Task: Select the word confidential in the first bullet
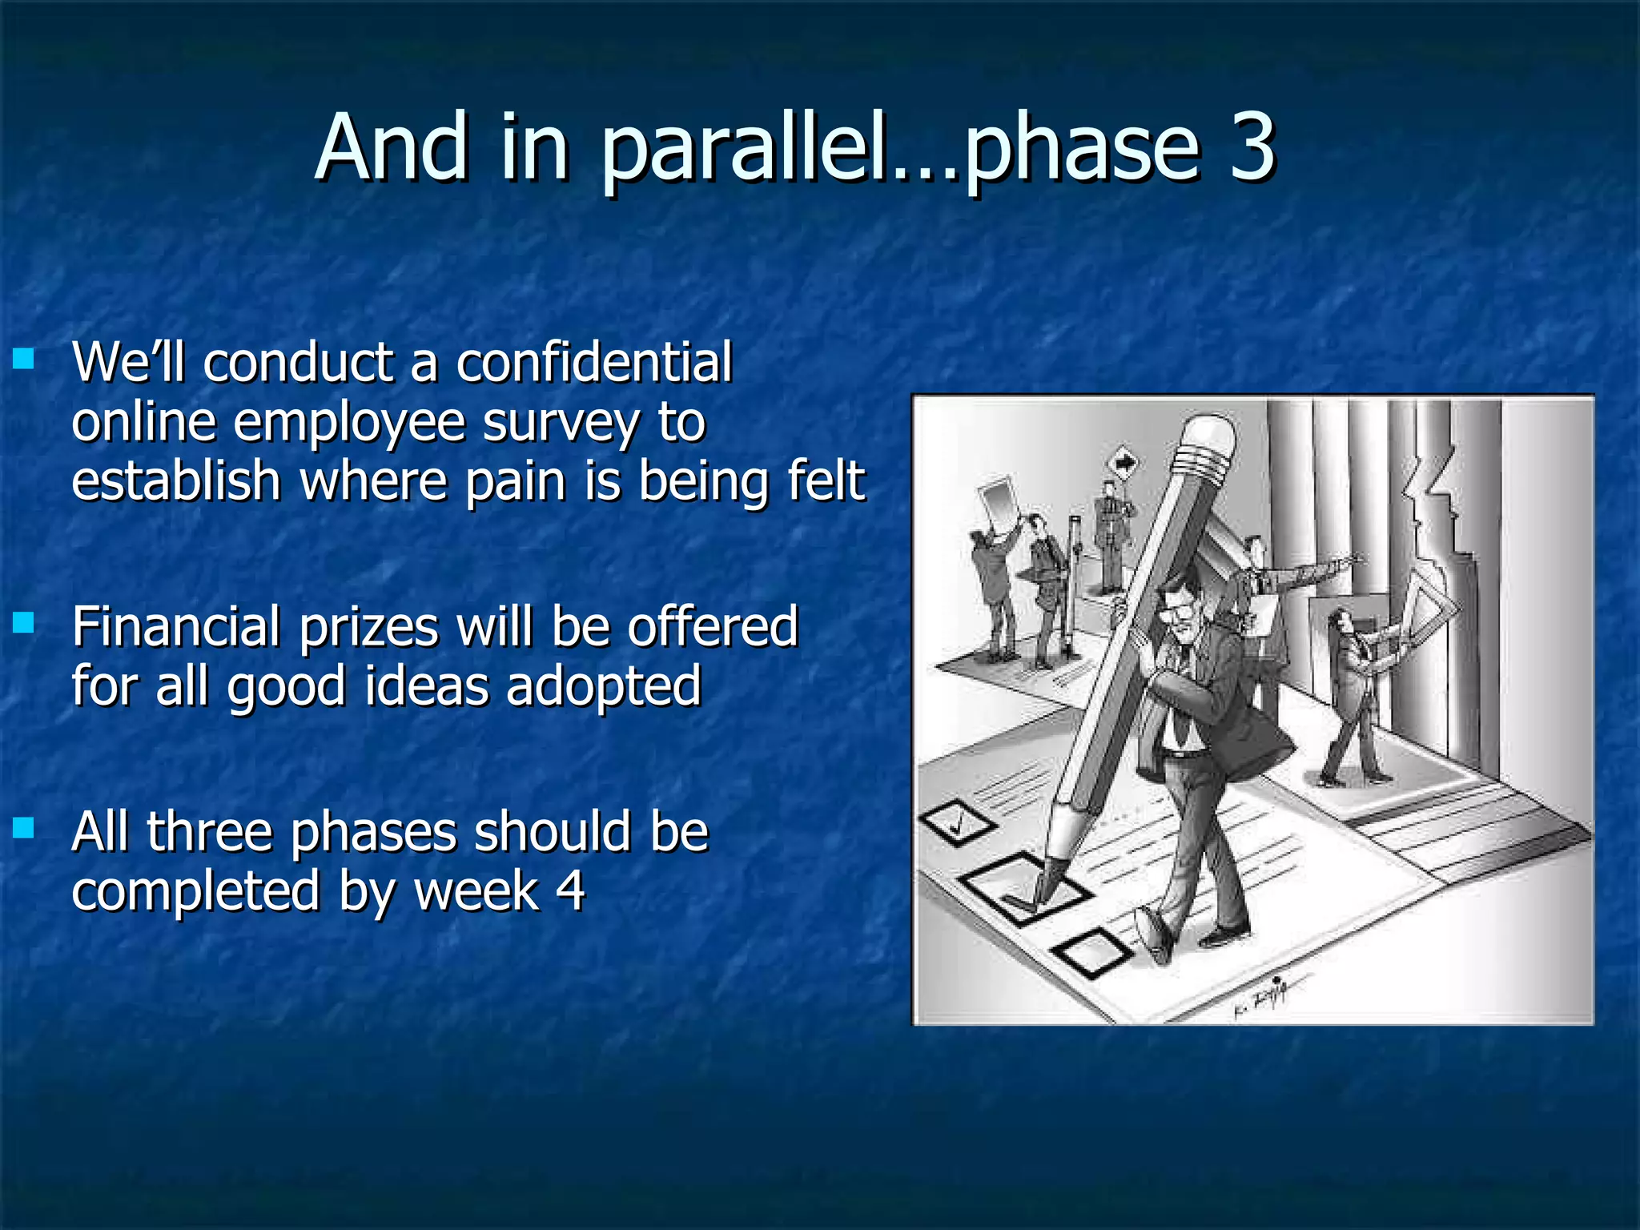point(594,362)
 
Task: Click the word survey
point(560,422)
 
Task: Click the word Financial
point(176,626)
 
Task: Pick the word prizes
point(368,628)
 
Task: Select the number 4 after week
point(570,890)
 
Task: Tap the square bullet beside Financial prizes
point(24,622)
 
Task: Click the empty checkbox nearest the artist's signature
point(1092,953)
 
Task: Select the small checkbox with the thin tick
point(957,822)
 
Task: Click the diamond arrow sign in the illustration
point(1123,463)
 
